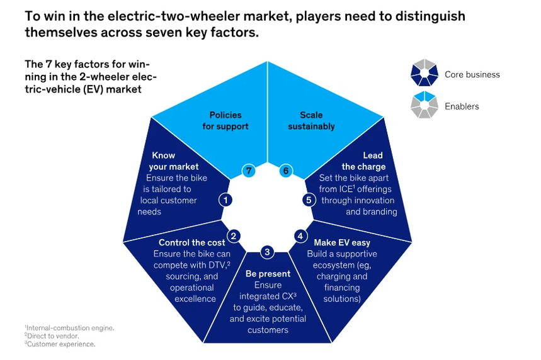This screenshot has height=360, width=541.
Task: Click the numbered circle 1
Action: click(225, 200)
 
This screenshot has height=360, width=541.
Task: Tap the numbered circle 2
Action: click(234, 237)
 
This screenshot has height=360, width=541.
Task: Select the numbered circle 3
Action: click(267, 252)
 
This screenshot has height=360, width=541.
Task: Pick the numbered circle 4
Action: click(300, 237)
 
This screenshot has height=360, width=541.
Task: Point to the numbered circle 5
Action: click(309, 200)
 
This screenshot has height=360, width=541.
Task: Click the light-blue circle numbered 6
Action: click(285, 171)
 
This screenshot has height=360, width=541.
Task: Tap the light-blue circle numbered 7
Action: click(249, 171)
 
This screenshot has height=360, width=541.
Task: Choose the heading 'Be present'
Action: click(268, 274)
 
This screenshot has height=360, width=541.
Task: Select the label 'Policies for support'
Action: click(225, 121)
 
